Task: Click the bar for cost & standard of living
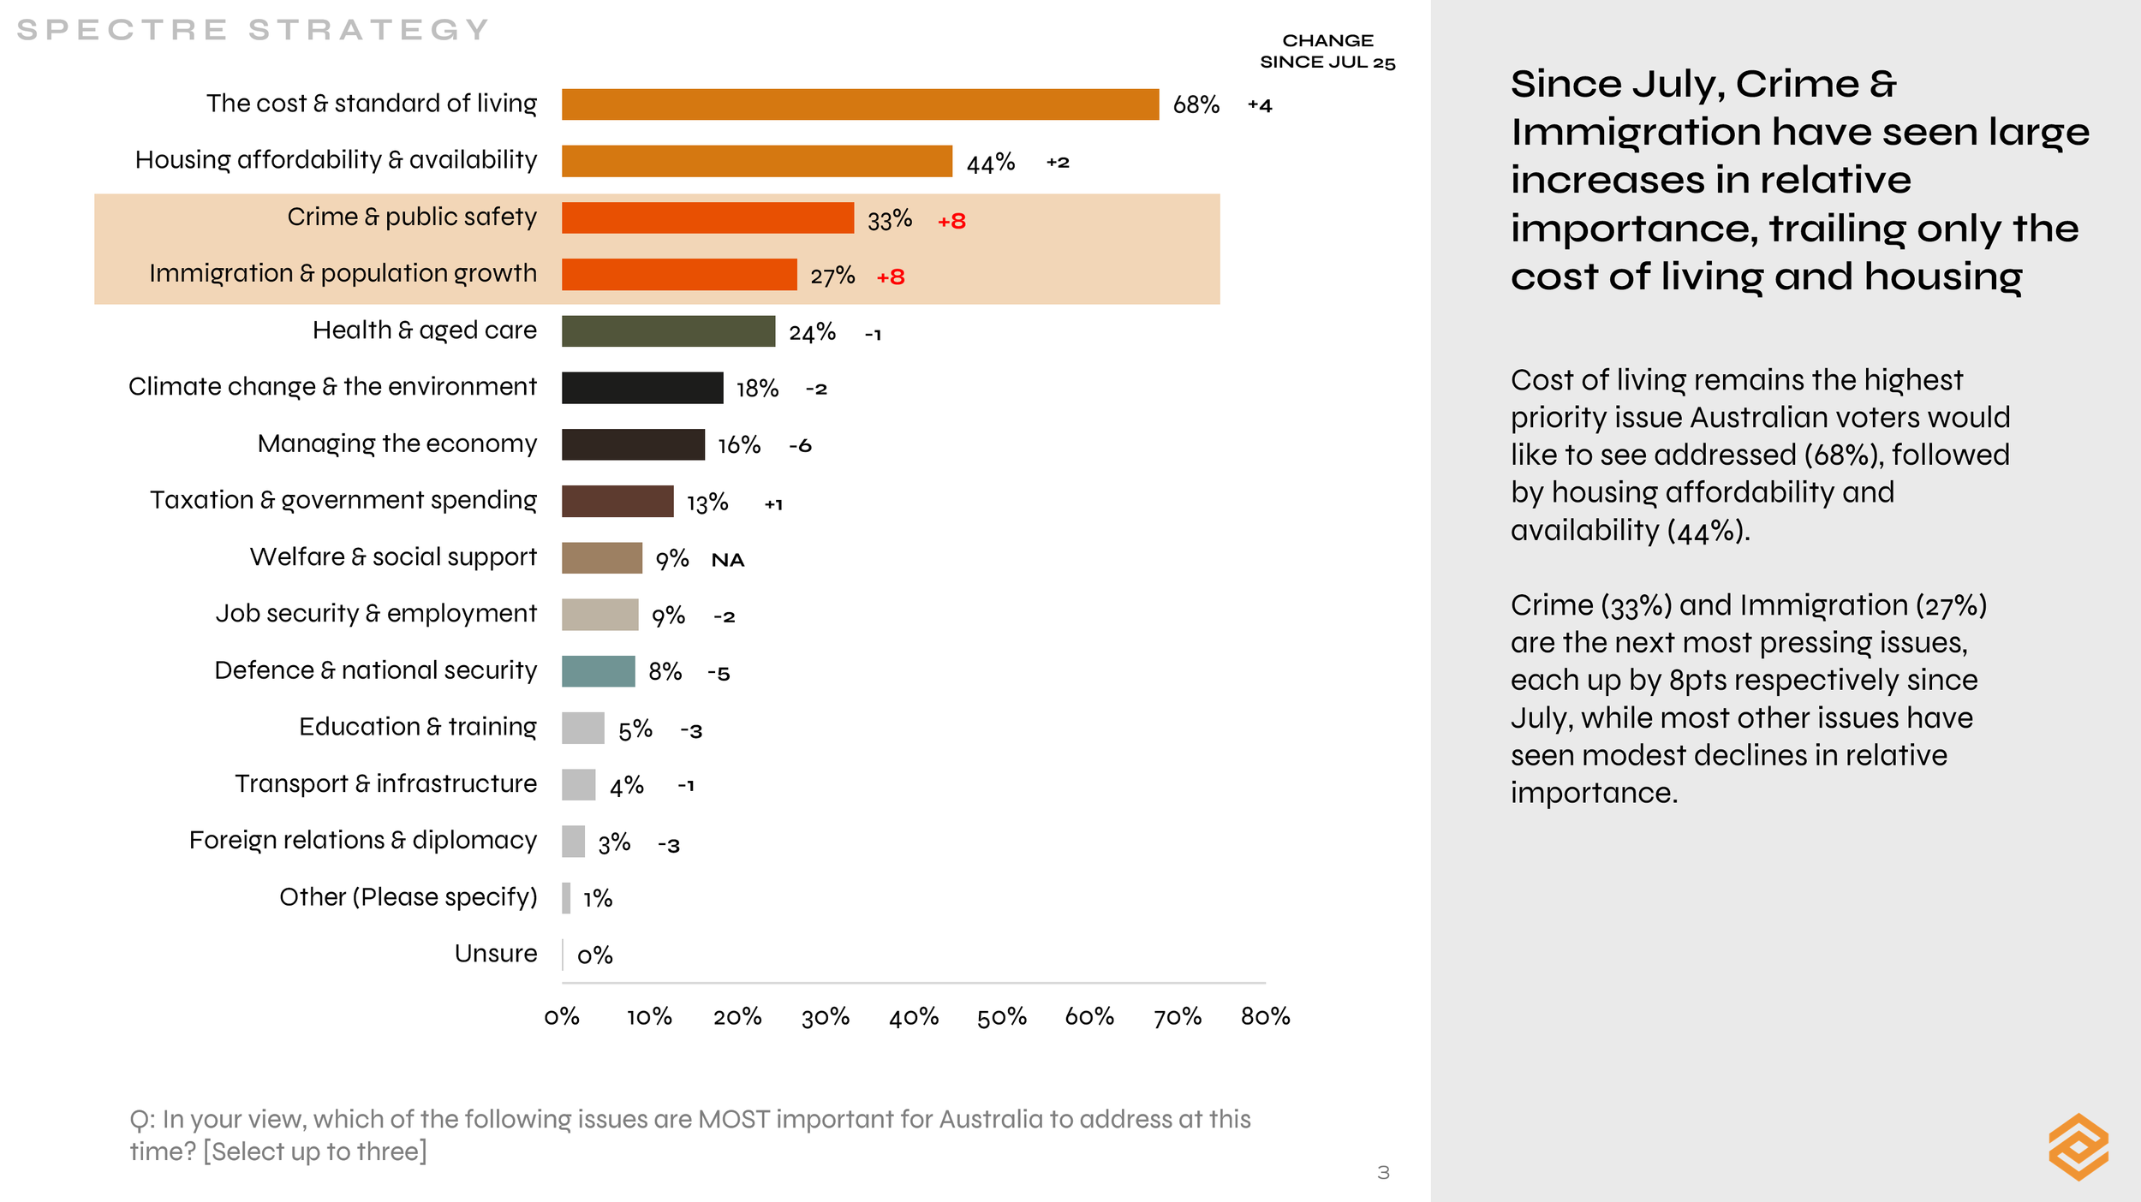point(860,104)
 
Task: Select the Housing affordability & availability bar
point(756,161)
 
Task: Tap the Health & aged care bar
point(668,331)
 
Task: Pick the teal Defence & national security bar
point(598,671)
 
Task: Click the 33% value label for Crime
point(889,220)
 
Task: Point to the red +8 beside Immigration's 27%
point(891,277)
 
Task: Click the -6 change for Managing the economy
point(800,445)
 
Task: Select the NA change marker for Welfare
point(727,560)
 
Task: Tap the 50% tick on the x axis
point(1001,1016)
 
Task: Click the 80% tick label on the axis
point(1265,1016)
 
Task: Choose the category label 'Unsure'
point(496,953)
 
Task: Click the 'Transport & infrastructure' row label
point(385,783)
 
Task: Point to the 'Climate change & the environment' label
point(332,386)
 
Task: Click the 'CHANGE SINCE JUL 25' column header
point(1327,51)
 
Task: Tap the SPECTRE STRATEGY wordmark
point(253,30)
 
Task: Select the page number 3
point(1383,1172)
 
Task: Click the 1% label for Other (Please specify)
point(597,898)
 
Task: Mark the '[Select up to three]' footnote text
point(314,1151)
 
